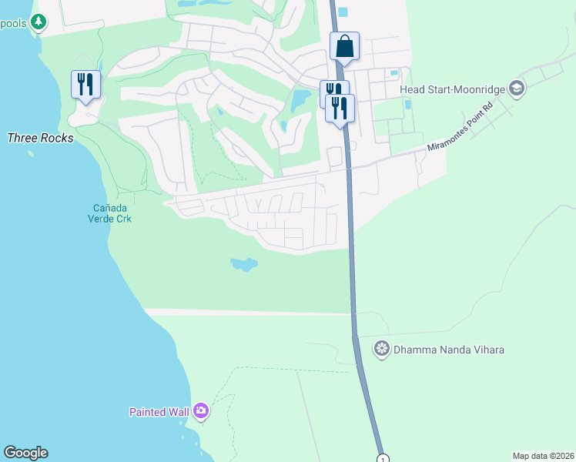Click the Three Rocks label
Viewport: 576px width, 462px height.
[40, 139]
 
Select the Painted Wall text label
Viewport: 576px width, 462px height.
[159, 412]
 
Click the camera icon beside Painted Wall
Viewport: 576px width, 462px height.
[201, 411]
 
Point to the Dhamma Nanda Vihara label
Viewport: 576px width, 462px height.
[449, 350]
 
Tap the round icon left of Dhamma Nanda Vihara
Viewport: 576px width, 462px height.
[381, 350]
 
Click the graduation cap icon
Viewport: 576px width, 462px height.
[516, 89]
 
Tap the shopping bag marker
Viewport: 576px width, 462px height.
[344, 46]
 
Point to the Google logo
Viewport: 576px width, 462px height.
[25, 453]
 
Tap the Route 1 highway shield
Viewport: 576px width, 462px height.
[383, 459]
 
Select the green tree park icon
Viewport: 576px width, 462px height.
[38, 22]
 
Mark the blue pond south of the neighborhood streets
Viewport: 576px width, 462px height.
[243, 265]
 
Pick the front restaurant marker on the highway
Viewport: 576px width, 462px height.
[340, 108]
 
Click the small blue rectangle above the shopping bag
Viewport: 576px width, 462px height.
[343, 12]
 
